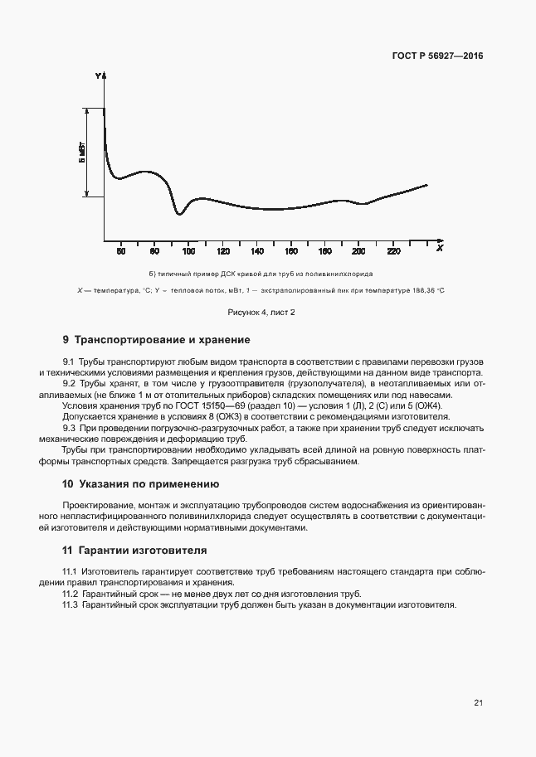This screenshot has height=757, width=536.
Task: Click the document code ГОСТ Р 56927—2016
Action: coord(436,56)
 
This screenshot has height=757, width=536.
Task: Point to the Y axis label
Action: coord(98,76)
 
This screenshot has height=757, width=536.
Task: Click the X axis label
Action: coord(439,248)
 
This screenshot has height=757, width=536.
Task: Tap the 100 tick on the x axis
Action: coord(188,250)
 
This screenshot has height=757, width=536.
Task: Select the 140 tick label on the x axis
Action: coord(257,250)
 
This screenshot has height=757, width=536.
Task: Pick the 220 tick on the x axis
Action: coord(393,250)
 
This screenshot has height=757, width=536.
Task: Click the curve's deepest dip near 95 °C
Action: coord(178,214)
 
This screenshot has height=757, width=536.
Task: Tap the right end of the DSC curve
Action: coord(427,185)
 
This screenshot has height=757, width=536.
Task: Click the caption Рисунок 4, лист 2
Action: coord(261,312)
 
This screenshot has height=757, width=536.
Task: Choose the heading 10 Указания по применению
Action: coord(140,483)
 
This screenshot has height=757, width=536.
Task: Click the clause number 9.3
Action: coord(69,428)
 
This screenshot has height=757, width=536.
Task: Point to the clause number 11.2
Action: coord(71,594)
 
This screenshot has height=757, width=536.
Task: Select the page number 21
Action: coord(478,703)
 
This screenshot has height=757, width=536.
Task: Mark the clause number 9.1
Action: coord(69,362)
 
